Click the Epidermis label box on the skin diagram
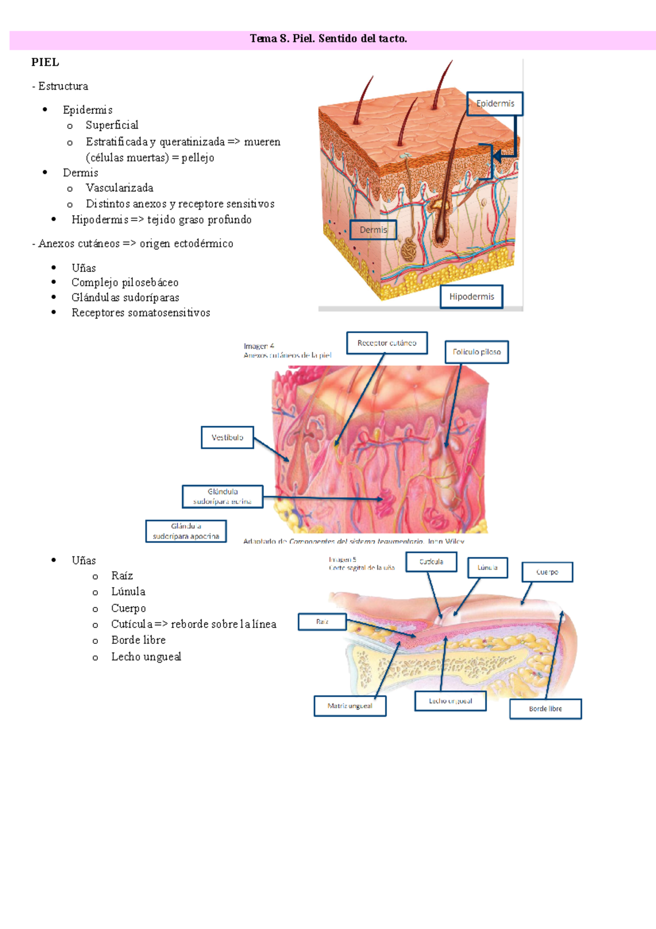(x=495, y=103)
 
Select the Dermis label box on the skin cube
(x=373, y=230)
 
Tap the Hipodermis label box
(x=471, y=297)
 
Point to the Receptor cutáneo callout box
(x=387, y=343)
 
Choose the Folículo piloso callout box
(x=477, y=352)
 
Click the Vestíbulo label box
(x=227, y=438)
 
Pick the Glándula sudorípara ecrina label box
(x=222, y=496)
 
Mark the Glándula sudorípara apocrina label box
(x=186, y=531)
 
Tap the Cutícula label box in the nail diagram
(x=431, y=562)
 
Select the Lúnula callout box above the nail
(x=487, y=568)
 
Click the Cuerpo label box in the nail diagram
(x=547, y=572)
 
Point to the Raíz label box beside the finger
(x=322, y=622)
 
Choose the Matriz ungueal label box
(x=350, y=706)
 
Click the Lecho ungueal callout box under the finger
(x=450, y=701)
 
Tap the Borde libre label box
(x=545, y=709)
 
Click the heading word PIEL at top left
(x=45, y=62)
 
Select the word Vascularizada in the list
(x=119, y=188)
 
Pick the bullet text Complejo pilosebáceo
(x=125, y=283)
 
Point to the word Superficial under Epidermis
(x=112, y=125)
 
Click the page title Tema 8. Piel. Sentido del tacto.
(x=328, y=39)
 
